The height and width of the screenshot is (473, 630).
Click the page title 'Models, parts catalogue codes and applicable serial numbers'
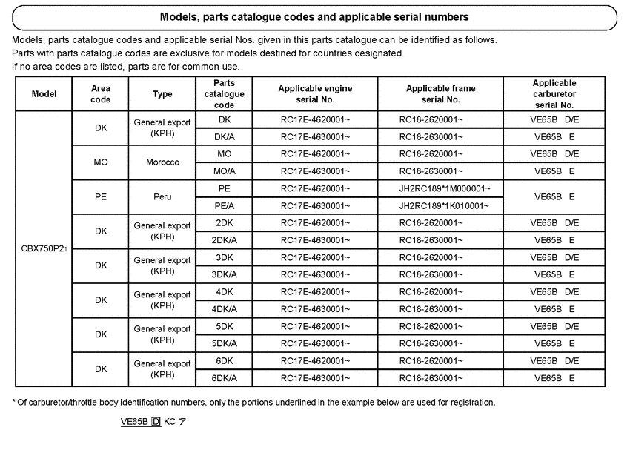(314, 16)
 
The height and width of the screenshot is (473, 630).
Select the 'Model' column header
(44, 94)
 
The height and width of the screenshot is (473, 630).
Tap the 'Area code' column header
(101, 94)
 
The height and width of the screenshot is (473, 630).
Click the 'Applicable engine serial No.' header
(315, 94)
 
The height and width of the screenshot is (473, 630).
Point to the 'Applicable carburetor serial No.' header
(554, 94)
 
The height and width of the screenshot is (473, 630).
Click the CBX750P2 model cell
(44, 248)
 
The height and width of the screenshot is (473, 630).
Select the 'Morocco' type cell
(162, 162)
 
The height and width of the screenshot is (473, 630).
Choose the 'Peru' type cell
(162, 197)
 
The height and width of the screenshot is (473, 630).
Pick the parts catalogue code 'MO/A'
(225, 171)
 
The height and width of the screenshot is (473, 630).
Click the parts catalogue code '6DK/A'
(225, 378)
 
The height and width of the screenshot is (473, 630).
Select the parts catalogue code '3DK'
(225, 257)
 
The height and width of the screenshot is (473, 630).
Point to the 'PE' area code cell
(101, 197)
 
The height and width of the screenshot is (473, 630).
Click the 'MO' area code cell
(101, 162)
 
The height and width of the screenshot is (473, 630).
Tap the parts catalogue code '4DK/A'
(225, 309)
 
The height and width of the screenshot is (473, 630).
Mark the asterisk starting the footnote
(13, 402)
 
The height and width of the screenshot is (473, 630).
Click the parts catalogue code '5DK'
(225, 326)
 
